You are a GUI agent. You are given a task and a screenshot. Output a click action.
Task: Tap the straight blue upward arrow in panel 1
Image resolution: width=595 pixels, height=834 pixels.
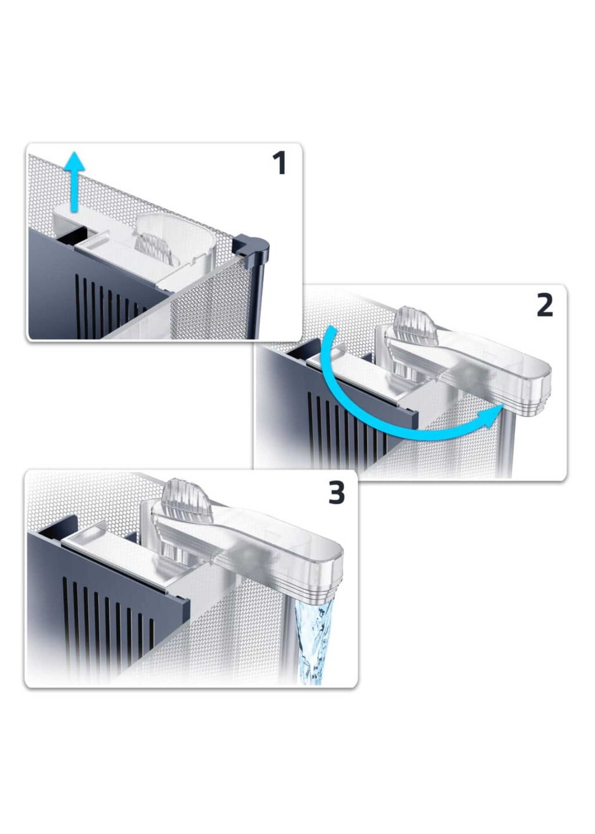(x=74, y=181)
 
